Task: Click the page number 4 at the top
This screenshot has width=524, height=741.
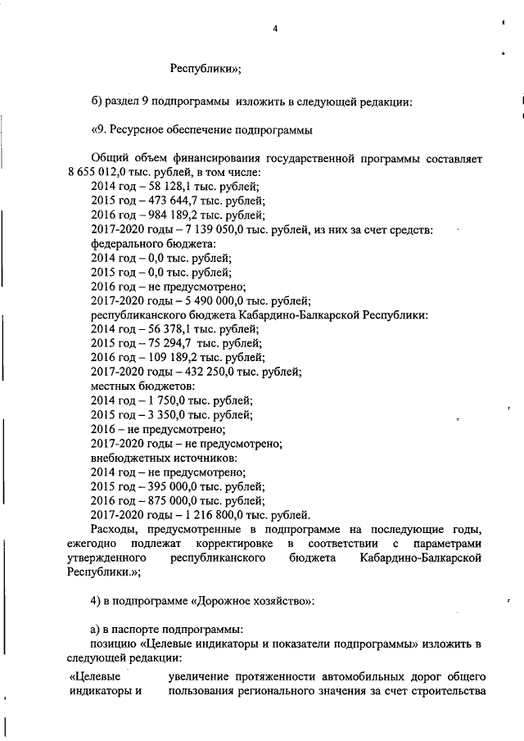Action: pyautogui.click(x=275, y=30)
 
